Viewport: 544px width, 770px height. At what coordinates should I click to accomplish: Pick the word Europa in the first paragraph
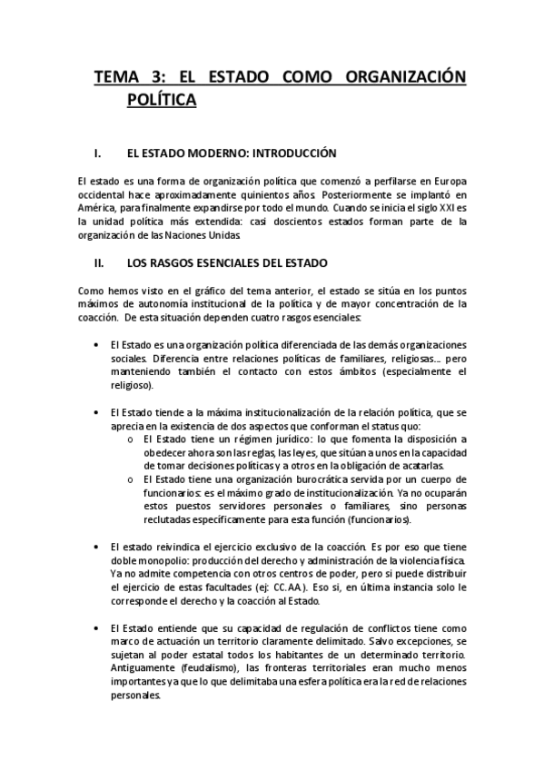click(x=447, y=181)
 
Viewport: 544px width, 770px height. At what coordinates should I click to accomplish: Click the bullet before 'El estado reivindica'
click(x=98, y=549)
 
